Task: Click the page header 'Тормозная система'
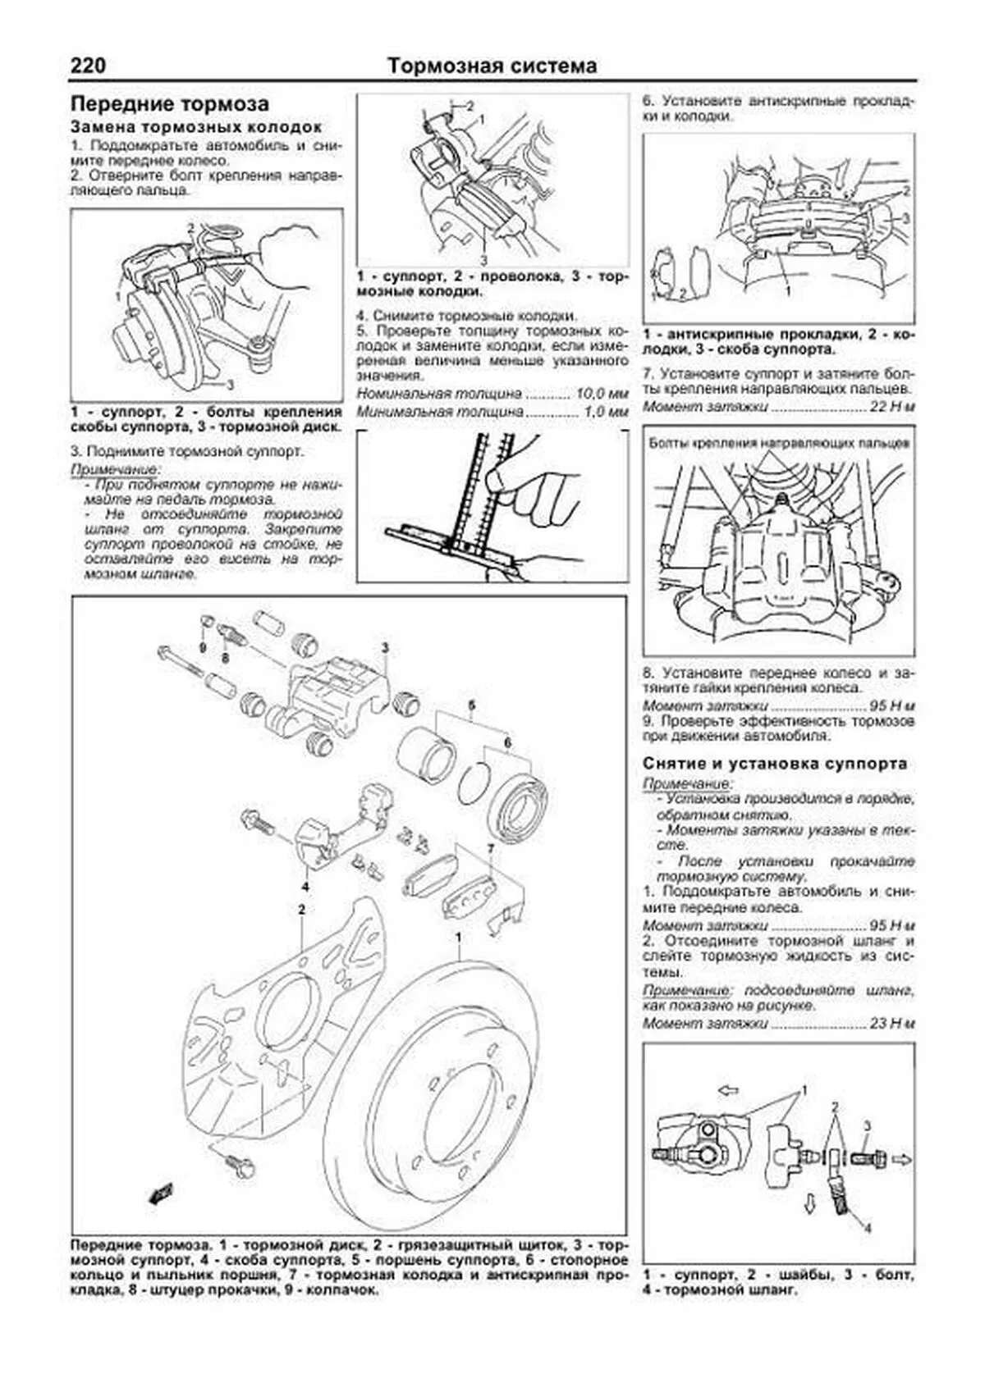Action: coord(492,66)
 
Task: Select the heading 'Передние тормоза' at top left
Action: coord(170,104)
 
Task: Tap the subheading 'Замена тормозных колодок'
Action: coord(196,128)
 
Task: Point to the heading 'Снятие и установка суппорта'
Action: coord(775,764)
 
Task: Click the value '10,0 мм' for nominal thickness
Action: coord(602,395)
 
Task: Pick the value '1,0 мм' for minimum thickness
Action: coord(605,411)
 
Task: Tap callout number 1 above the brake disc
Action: coord(459,938)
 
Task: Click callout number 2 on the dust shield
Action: coord(302,910)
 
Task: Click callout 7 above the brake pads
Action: coord(490,848)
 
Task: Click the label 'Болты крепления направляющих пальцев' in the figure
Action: coord(778,444)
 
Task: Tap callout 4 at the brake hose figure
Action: coord(868,1250)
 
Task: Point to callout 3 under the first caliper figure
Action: coord(230,384)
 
